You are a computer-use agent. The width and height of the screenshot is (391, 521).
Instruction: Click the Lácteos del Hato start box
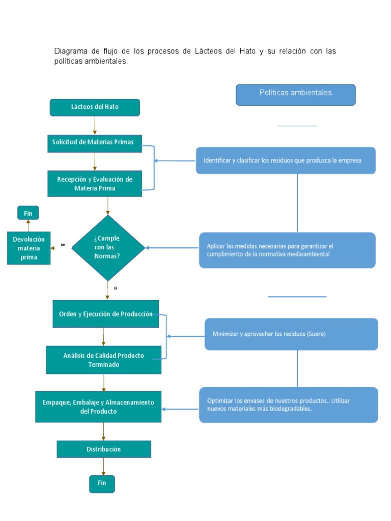pos(95,107)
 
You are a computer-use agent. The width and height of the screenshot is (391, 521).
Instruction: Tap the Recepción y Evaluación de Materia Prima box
pos(95,184)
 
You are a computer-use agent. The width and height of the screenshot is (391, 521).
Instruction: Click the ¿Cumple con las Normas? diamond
pos(107,248)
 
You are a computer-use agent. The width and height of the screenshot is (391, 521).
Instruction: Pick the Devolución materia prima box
pos(29,248)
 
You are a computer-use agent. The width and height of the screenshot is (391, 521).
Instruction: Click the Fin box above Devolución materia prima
pos(28,213)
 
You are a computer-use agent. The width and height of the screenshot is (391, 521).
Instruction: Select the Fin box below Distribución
pos(102,483)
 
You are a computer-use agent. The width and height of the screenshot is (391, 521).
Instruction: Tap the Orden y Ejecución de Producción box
pos(105,314)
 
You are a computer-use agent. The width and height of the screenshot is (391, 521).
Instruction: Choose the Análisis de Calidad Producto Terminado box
pos(103,360)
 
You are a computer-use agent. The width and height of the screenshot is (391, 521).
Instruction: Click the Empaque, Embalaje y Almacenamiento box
pos(98,407)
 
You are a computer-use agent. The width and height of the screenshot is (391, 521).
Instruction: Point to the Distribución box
pos(104,449)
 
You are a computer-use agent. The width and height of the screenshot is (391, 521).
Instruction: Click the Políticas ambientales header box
pos(296,95)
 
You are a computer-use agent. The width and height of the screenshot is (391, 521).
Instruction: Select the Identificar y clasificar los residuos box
pos(286,161)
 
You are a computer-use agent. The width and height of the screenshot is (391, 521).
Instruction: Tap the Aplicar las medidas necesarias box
pos(287,250)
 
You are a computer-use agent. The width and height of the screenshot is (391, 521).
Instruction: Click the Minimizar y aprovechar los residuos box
pos(291,334)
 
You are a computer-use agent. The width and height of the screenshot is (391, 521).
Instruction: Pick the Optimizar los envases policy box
pos(288,404)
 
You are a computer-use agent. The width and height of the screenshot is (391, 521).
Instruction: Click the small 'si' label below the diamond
pos(116,288)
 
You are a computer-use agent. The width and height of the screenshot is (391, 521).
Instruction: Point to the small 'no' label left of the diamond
pos(63,245)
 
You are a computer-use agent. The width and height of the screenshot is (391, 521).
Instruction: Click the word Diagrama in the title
pos(71,51)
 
